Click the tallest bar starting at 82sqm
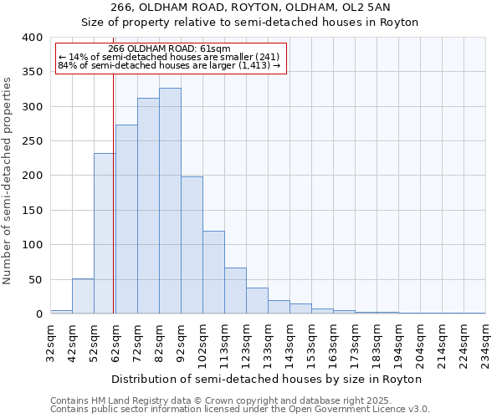tap(170, 201)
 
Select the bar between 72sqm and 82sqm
tap(148, 206)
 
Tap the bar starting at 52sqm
tap(105, 233)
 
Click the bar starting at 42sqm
tap(83, 296)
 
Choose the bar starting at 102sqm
tap(213, 273)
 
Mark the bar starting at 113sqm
tap(235, 291)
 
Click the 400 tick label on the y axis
tap(33, 38)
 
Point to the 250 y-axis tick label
tap(33, 141)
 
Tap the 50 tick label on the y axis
tap(36, 279)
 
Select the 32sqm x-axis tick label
tap(51, 343)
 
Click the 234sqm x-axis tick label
tap(486, 343)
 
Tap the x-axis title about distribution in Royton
tap(266, 379)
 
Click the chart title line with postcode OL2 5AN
tap(250, 8)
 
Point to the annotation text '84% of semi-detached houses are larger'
tap(170, 66)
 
